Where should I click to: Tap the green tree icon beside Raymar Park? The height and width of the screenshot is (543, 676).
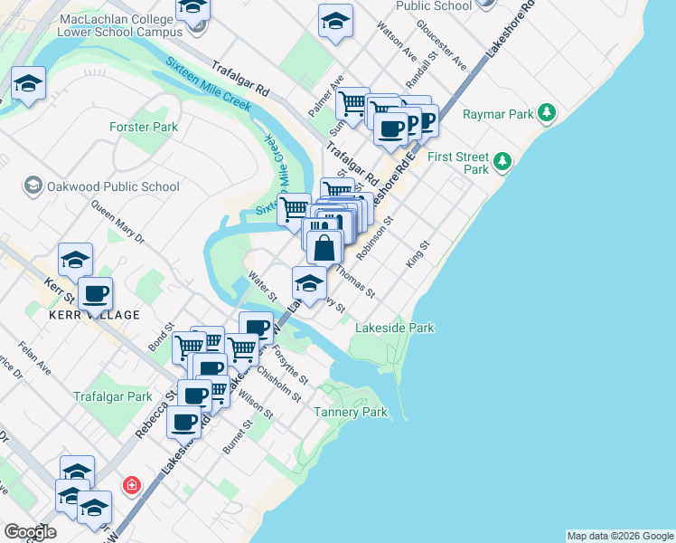tap(546, 113)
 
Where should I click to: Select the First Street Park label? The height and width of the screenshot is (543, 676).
tap(457, 163)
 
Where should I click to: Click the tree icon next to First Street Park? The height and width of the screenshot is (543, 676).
tap(503, 163)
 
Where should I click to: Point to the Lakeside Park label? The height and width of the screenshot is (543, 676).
tap(395, 328)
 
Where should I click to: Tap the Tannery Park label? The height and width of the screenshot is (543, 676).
tap(350, 412)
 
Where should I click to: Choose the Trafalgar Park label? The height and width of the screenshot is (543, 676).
tap(113, 396)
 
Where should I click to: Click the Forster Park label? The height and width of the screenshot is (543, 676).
tap(143, 128)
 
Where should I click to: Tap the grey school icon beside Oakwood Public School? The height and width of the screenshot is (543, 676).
tap(33, 186)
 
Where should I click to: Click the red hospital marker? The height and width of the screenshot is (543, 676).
tap(133, 484)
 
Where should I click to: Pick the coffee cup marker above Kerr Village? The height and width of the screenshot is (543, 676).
tap(95, 293)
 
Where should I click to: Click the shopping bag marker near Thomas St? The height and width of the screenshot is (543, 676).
tap(324, 246)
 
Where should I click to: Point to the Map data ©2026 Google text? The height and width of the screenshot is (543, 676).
tap(620, 536)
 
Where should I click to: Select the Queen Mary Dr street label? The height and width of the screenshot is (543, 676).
tap(117, 222)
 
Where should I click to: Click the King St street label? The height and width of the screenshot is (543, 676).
tap(416, 252)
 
